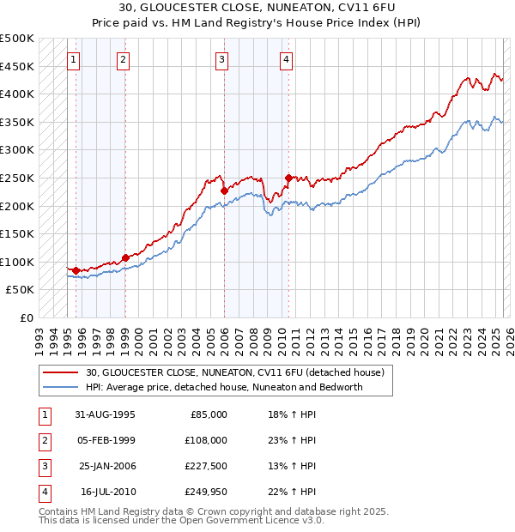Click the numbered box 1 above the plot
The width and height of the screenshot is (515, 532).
click(x=74, y=60)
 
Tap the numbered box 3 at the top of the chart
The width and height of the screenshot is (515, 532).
click(x=221, y=60)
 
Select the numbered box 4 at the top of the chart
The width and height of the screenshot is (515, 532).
click(x=286, y=60)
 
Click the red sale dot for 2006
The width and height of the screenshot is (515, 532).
click(x=224, y=190)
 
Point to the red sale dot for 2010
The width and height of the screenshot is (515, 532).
click(x=288, y=178)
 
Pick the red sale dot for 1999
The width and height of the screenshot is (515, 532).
click(x=125, y=257)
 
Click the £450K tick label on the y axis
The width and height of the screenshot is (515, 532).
click(x=17, y=66)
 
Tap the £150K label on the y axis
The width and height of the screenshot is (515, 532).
click(x=17, y=233)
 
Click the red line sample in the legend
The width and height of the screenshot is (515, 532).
click(x=60, y=372)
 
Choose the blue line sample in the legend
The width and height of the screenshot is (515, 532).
click(x=60, y=387)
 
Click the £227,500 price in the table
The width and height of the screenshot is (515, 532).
click(x=207, y=467)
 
